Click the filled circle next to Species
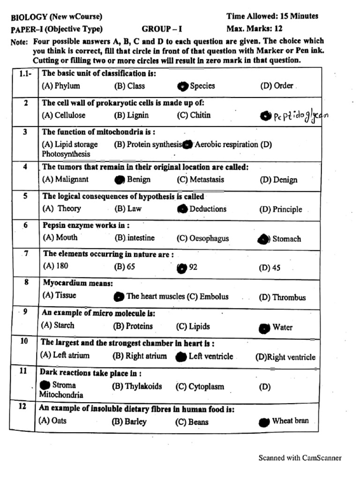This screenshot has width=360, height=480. (182, 86)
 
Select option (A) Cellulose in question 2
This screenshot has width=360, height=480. (60, 115)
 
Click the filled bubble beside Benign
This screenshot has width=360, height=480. (120, 180)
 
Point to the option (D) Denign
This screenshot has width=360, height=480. (278, 180)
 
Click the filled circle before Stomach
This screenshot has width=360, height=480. (264, 239)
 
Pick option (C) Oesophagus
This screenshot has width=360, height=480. (202, 239)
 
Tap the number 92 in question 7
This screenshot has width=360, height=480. (193, 268)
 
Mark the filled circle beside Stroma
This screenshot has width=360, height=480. (45, 385)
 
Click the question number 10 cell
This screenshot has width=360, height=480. (24, 341)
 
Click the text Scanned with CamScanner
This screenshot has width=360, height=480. (300, 458)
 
